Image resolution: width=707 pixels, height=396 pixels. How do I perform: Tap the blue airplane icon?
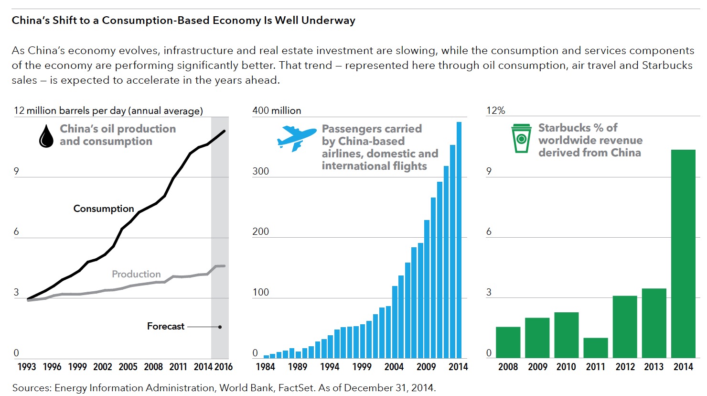296,138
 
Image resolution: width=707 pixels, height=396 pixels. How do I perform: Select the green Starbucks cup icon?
521,139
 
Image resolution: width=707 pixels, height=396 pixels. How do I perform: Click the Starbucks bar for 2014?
683,253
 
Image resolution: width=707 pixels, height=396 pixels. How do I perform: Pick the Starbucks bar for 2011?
596,348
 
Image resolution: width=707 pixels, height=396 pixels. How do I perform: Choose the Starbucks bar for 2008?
508,342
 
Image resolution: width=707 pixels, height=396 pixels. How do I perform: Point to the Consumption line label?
104,209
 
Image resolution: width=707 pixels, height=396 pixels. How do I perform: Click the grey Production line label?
136,274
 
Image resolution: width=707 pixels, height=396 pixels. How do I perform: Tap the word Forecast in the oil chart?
165,326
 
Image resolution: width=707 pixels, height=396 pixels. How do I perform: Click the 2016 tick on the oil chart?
223,367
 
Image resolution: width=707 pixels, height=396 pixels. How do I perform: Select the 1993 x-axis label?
27,367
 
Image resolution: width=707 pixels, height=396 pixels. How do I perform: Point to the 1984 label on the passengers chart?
266,367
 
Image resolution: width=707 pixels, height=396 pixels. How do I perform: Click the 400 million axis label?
277,110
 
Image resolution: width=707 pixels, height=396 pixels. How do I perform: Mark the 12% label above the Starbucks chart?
495,110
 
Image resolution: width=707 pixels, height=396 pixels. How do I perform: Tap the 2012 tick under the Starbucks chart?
625,367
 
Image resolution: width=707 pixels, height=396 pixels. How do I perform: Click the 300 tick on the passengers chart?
261,171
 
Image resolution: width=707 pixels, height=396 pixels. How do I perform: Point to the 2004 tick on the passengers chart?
394,367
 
